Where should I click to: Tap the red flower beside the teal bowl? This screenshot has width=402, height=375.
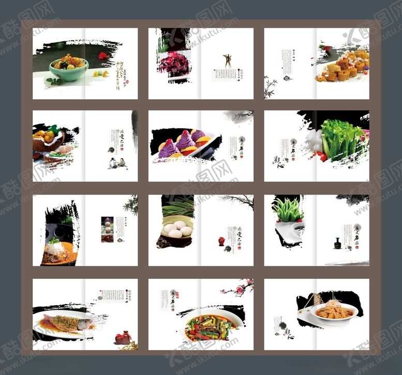102,55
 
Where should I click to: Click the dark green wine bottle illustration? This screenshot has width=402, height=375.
337,243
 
